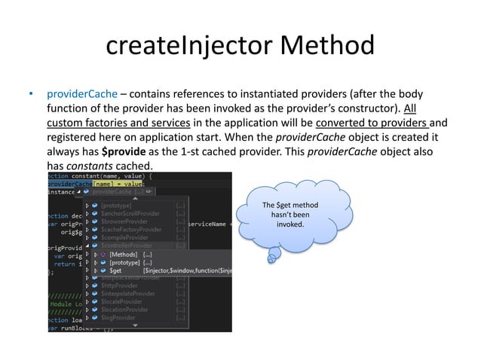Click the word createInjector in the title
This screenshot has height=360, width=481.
coord(188,47)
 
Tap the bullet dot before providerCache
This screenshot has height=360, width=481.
coord(31,96)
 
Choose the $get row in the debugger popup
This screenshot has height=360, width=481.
coord(115,270)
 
